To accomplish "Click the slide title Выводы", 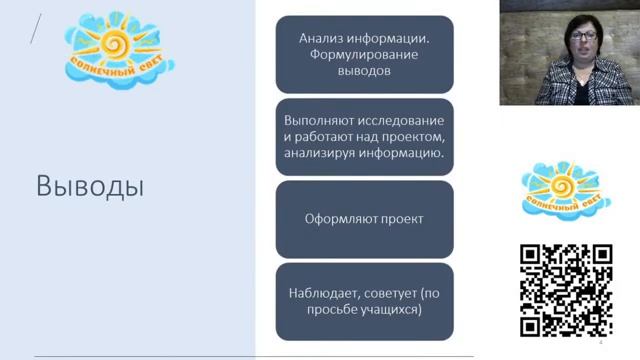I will click(90, 186).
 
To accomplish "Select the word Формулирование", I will click(364, 55).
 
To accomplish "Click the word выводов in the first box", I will click(364, 72).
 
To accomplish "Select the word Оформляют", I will click(338, 219).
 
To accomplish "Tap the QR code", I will click(566, 290).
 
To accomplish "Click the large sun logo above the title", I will click(118, 47).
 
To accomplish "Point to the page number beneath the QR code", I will click(601, 343).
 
